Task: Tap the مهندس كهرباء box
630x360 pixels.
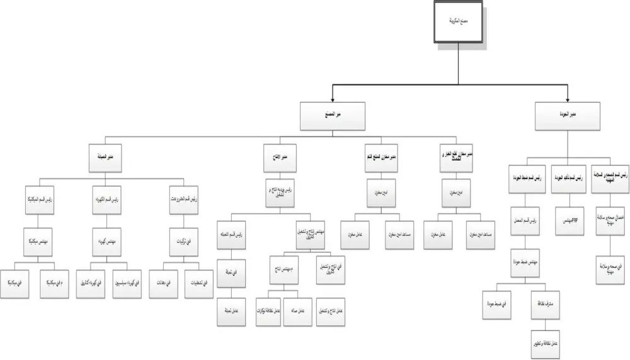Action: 111,240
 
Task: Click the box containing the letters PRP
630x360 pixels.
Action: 568,221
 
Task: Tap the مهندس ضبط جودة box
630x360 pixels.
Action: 527,263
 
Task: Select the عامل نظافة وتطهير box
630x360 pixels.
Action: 546,342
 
